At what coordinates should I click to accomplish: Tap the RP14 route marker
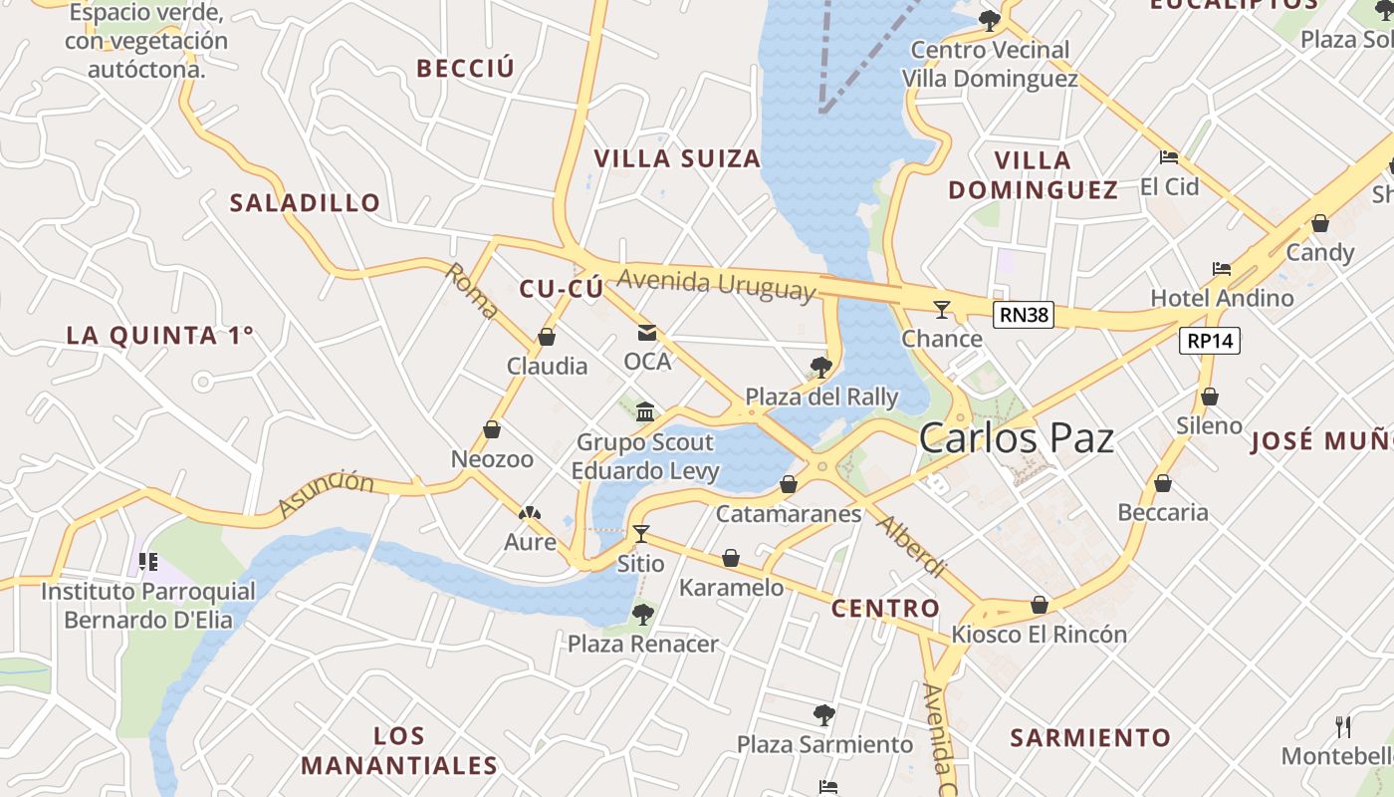pos(1210,341)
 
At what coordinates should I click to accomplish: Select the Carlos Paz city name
pos(1016,438)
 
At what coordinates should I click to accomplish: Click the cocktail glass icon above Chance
pos(941,309)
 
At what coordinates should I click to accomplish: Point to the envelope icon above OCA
pos(647,333)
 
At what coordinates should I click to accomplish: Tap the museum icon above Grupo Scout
pos(645,411)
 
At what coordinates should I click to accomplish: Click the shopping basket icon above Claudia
pos(547,337)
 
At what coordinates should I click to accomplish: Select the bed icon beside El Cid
pos(1169,157)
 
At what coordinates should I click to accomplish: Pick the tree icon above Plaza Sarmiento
pos(823,714)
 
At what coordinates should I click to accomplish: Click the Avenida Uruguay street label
pos(716,285)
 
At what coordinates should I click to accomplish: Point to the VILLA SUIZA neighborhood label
pos(677,158)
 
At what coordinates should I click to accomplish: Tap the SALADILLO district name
pos(305,203)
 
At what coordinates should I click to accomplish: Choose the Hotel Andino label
pos(1222,298)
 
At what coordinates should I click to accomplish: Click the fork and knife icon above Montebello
pos(1343,726)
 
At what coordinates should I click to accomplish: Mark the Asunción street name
pos(326,494)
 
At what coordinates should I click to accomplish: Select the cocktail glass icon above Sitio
pos(640,534)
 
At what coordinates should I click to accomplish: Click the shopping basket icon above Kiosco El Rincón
pos(1040,605)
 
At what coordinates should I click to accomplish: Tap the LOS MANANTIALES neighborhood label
pos(398,751)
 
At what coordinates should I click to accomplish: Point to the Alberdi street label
pos(911,547)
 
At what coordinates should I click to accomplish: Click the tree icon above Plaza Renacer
pos(643,614)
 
